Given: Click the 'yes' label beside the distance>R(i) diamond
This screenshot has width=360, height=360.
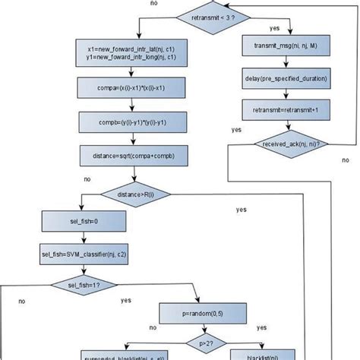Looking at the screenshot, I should click(241, 209).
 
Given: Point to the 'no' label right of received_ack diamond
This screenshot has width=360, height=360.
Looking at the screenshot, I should click(346, 160).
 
